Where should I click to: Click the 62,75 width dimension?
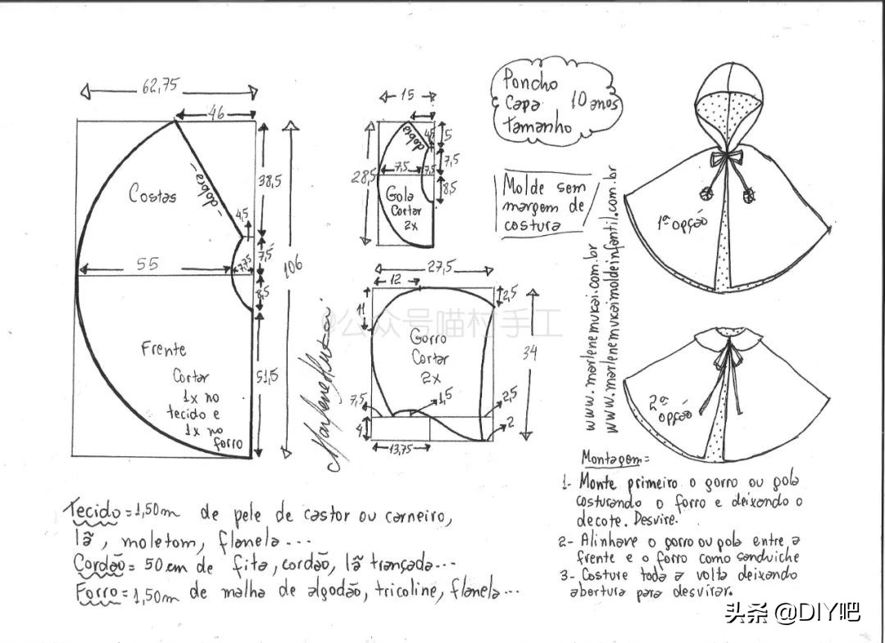coord(160,85)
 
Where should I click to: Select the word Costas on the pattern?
coord(152,195)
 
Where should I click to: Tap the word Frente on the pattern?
coord(163,349)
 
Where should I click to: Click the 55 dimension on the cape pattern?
coord(148,264)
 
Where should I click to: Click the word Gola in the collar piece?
coord(400,195)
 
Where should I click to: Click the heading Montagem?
coord(614,457)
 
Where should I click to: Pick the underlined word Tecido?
coord(91,512)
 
